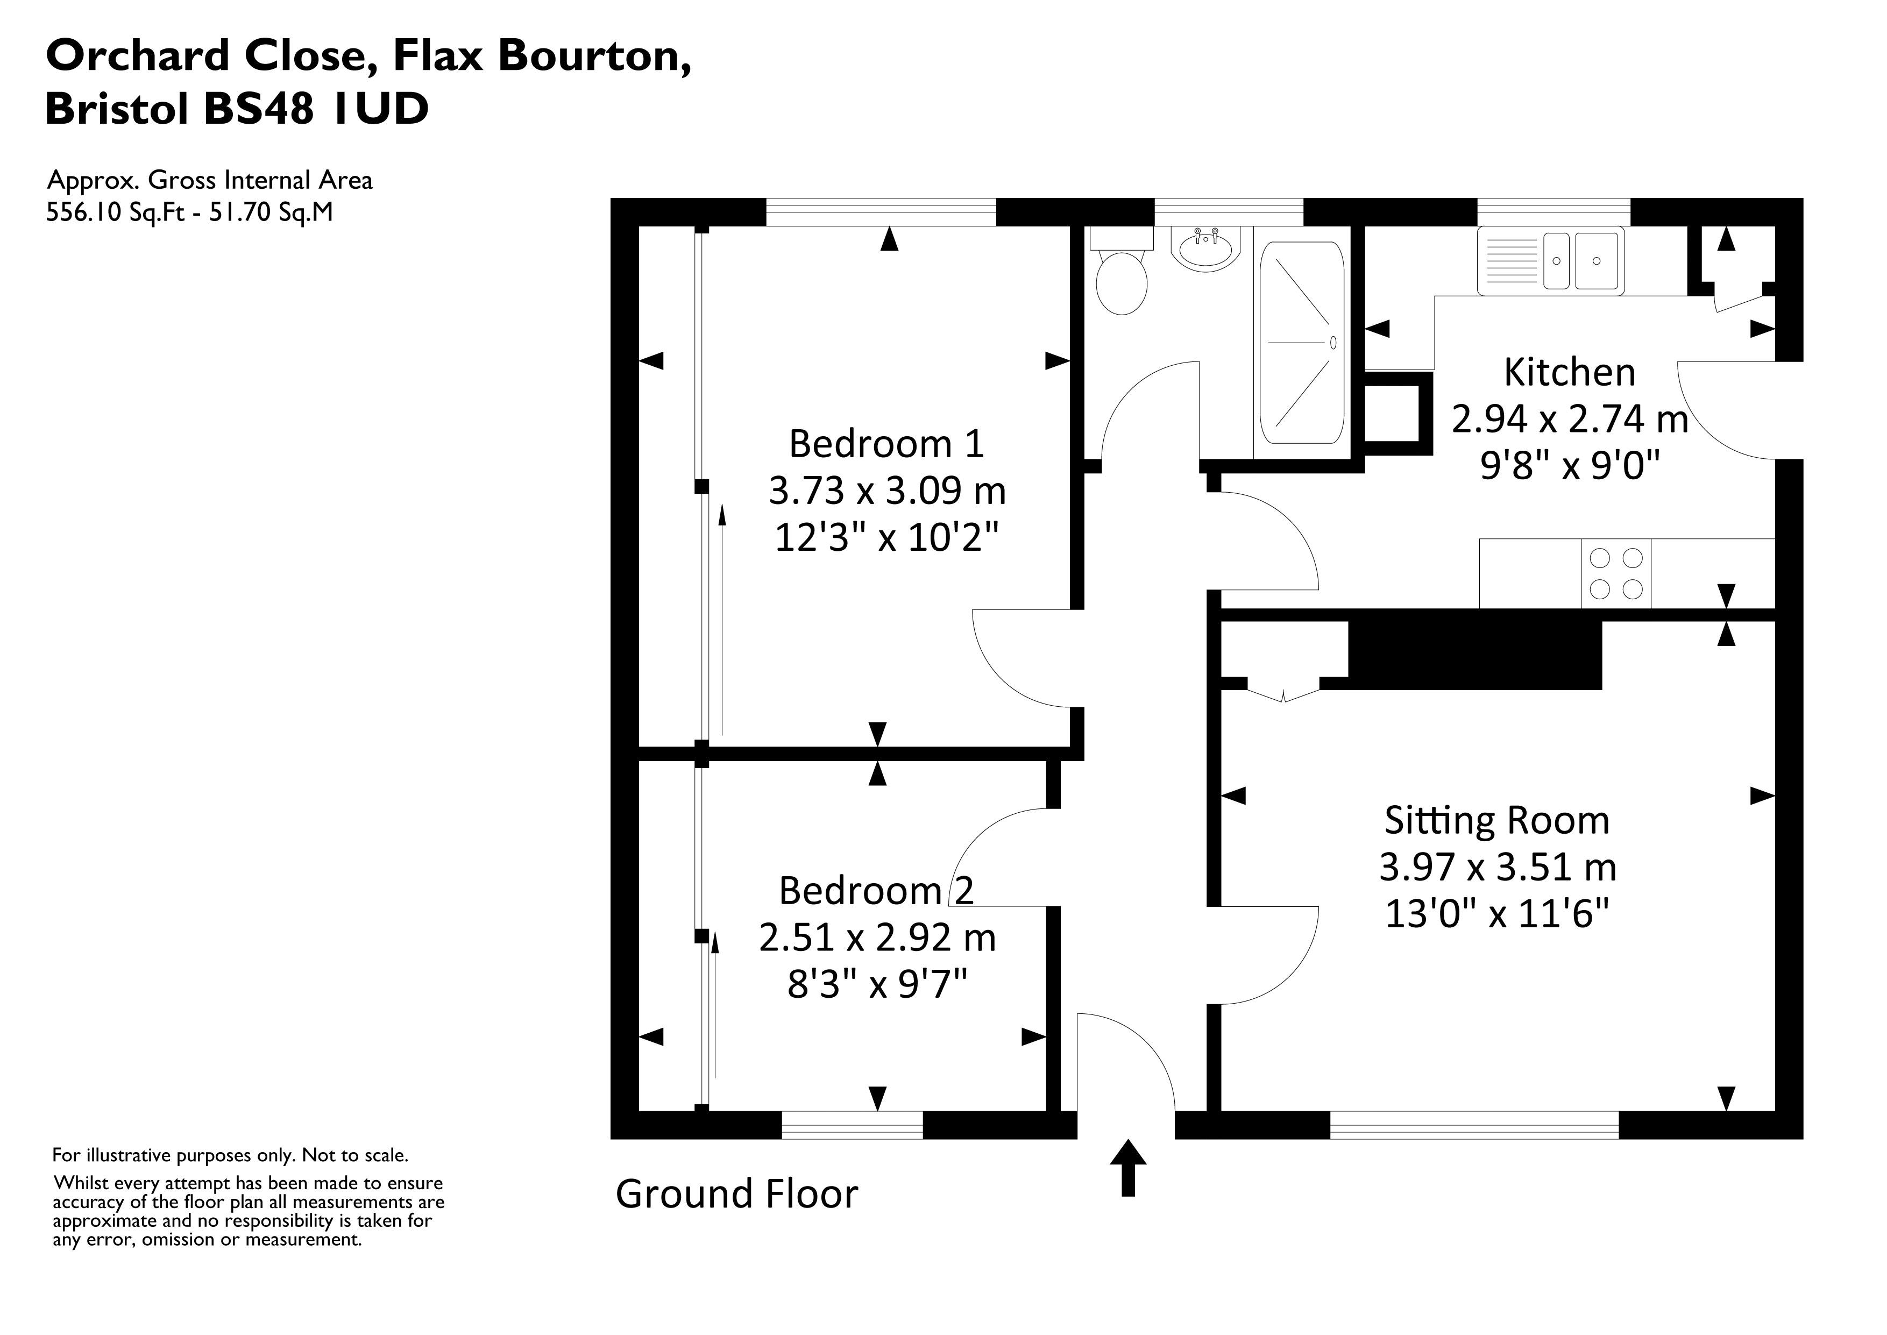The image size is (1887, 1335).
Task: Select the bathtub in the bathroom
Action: (x=1302, y=342)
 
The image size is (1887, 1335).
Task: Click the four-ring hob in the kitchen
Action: (x=1615, y=573)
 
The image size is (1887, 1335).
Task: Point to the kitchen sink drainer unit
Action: (x=1550, y=260)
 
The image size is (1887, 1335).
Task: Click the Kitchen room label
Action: (x=1569, y=372)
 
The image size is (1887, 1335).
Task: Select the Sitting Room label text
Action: (x=1496, y=820)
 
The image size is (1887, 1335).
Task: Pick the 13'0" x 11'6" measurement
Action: (x=1496, y=913)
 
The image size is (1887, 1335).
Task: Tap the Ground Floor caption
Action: (x=736, y=1194)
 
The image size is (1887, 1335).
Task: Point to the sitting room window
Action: (x=1473, y=1125)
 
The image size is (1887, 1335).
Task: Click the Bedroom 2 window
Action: (x=852, y=1125)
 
